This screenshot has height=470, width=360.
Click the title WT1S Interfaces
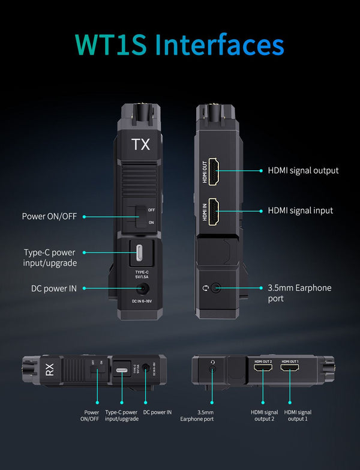coord(180,45)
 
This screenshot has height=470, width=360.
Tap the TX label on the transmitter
coord(141,145)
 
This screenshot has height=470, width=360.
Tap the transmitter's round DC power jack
coord(143,289)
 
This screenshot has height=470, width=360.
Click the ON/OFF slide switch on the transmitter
coord(141,216)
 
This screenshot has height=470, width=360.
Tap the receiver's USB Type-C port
coord(122,370)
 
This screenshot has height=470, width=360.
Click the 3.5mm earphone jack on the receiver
coord(212,370)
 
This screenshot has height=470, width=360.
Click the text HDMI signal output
coord(303,170)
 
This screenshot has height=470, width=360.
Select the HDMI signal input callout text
coord(300,211)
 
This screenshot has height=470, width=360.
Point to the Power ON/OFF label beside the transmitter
coord(49,216)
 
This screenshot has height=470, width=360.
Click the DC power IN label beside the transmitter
coord(54,289)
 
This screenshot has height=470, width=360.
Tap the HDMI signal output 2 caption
coord(264,415)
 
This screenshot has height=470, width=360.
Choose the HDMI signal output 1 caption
coord(298,415)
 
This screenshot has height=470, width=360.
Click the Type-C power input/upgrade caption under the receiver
coord(122,415)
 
